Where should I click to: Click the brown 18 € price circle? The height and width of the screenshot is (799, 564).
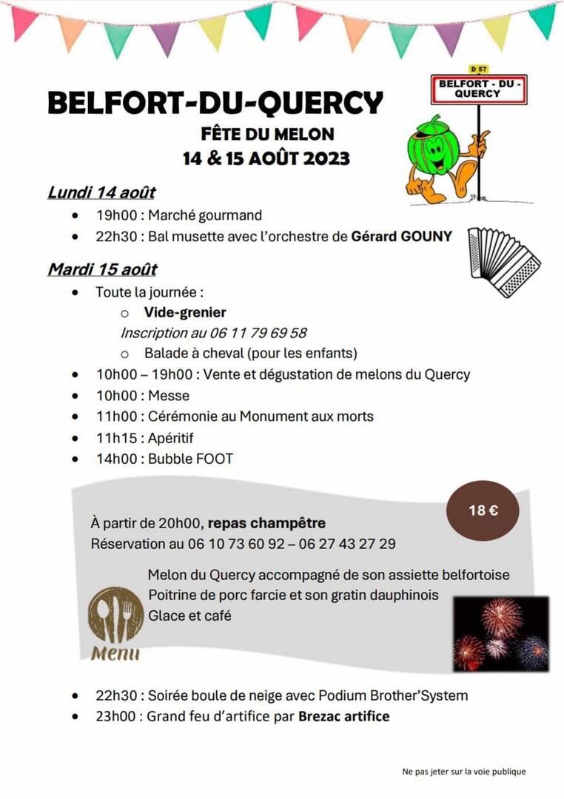(x=483, y=510)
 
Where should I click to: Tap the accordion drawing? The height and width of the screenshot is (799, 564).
(x=504, y=262)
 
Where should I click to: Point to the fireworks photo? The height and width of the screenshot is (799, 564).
(x=501, y=633)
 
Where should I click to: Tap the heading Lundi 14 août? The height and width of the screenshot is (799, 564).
(x=101, y=192)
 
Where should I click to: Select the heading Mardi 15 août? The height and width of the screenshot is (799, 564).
(x=102, y=269)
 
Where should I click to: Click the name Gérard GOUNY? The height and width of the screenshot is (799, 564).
(x=401, y=237)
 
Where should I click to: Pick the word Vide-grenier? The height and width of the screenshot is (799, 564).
(x=185, y=312)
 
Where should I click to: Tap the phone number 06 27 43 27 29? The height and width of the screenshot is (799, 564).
(x=347, y=545)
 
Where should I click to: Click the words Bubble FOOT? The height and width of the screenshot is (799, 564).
(x=190, y=459)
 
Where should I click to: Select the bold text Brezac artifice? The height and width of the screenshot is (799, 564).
(x=343, y=716)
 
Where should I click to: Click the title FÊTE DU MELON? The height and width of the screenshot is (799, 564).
(x=267, y=135)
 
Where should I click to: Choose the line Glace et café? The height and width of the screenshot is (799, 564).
(x=189, y=615)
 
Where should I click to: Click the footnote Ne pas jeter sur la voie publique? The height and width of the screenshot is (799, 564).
(x=464, y=772)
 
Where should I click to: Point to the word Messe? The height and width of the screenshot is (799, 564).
(x=169, y=396)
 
